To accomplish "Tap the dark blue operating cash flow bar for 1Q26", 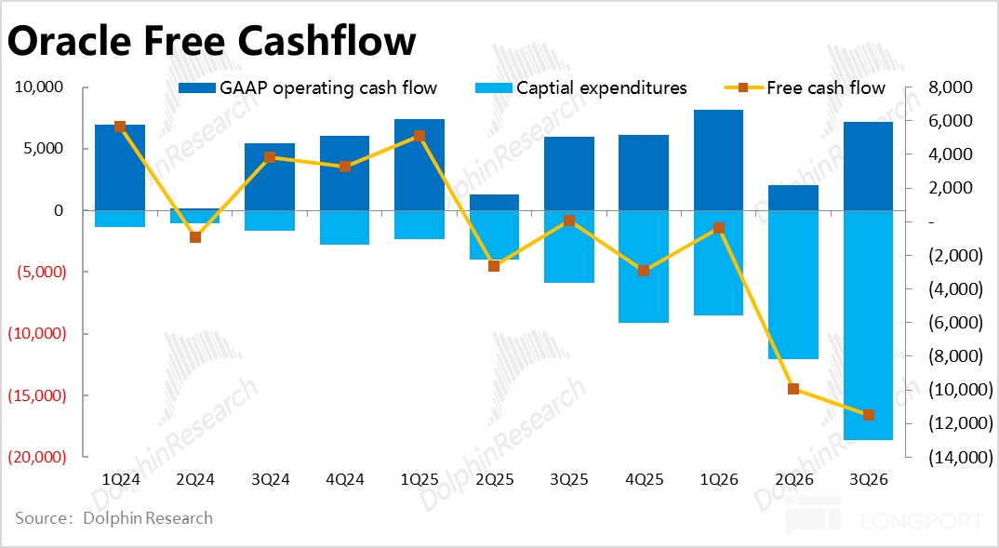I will [718, 160].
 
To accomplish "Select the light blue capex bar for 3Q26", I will [868, 325].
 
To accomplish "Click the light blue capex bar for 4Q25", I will [644, 266].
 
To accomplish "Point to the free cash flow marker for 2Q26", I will [793, 389].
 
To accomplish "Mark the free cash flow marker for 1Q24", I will [120, 127].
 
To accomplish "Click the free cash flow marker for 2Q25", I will [494, 266].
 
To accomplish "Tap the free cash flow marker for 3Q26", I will [868, 415].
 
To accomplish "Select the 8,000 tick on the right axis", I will [952, 87].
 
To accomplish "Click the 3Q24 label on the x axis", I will [270, 479].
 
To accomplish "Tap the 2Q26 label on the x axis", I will [793, 479].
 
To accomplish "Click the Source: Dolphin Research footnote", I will [113, 518].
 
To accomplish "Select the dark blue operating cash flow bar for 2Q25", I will [494, 202].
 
